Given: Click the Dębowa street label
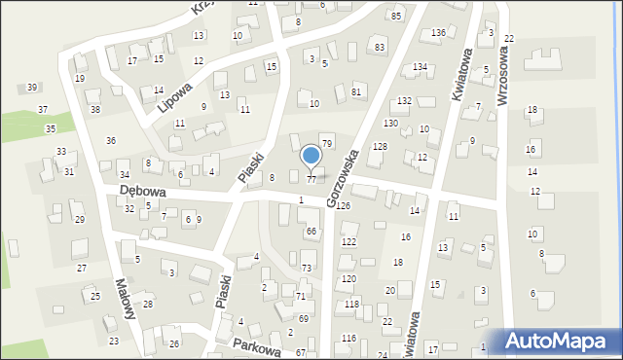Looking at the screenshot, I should click(x=142, y=192).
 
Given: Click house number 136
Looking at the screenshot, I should click(x=439, y=33).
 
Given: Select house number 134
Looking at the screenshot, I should click(x=420, y=66).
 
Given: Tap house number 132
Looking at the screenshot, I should click(x=404, y=101).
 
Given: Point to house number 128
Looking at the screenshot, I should click(x=381, y=146).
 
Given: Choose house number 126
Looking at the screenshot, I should click(x=343, y=207).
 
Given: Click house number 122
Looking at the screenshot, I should click(x=348, y=241).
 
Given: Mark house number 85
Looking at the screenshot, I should click(x=396, y=17).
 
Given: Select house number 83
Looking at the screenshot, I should click(x=380, y=48).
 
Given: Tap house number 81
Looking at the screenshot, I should click(x=356, y=91).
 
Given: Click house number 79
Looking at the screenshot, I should click(x=327, y=143).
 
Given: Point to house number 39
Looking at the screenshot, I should click(x=32, y=88).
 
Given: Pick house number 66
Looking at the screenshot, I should click(x=311, y=231).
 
